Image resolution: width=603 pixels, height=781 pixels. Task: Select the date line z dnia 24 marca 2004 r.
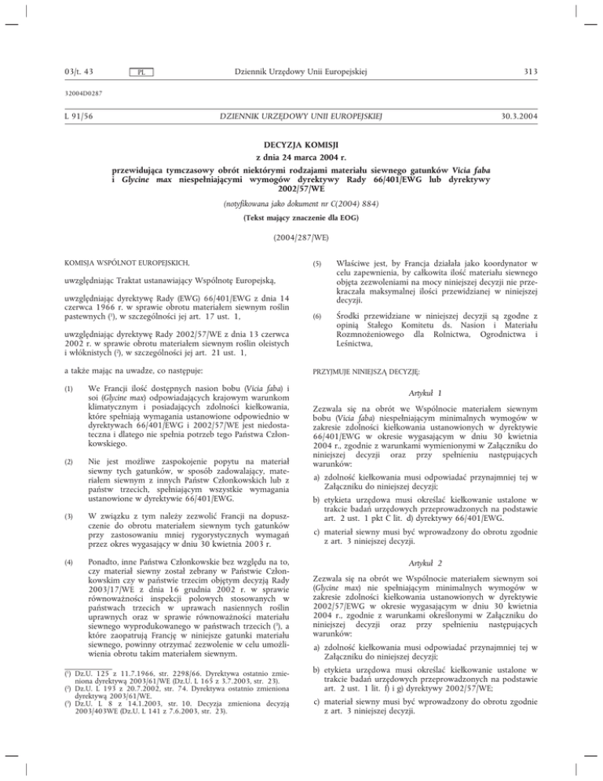point(301,160)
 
